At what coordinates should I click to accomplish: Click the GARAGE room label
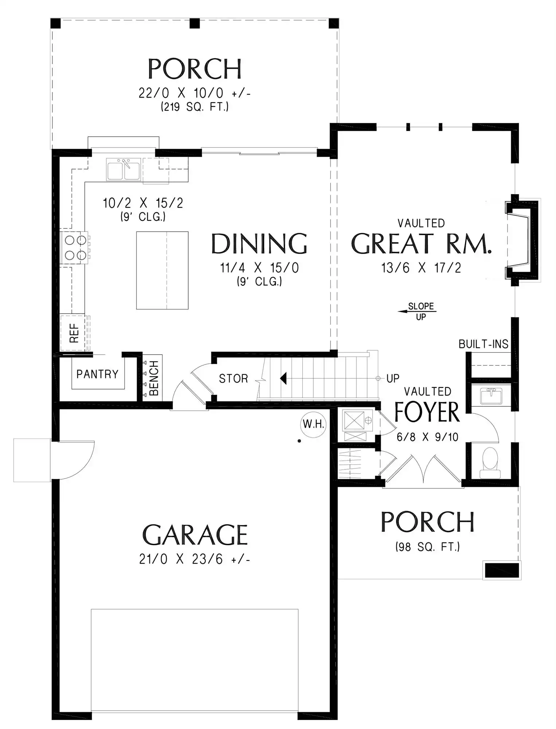(195, 535)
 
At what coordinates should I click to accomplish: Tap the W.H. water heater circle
(313, 424)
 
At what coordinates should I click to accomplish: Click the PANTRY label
(97, 374)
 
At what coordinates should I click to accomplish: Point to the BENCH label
(154, 378)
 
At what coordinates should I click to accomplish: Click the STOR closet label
(233, 379)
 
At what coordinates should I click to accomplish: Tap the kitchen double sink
(124, 169)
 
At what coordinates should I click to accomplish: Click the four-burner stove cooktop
(75, 247)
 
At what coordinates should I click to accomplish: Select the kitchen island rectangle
(162, 270)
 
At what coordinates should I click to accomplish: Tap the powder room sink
(491, 396)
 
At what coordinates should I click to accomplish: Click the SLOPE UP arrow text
(421, 311)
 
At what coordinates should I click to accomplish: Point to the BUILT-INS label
(483, 344)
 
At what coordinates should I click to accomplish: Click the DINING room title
(259, 244)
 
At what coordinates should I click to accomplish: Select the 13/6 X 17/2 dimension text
(421, 268)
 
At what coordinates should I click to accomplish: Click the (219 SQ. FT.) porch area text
(195, 107)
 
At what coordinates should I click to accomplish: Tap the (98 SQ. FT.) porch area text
(427, 547)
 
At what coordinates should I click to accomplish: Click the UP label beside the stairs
(393, 379)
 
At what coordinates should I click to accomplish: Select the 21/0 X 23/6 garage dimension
(194, 559)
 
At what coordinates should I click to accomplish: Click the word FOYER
(427, 412)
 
